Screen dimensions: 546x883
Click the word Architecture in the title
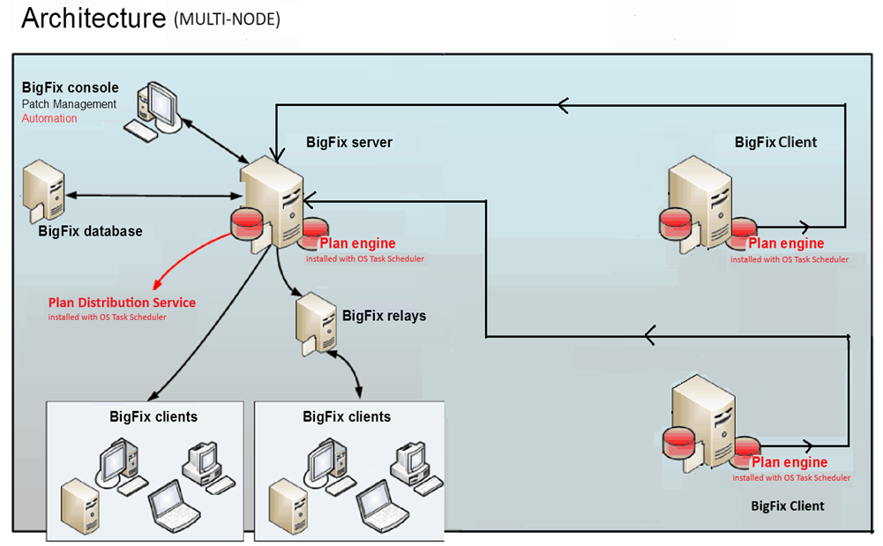[92, 18]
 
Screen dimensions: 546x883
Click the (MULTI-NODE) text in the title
[227, 19]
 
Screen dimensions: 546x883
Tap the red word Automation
[49, 118]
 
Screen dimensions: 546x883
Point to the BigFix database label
[90, 231]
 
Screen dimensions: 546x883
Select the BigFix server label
[349, 142]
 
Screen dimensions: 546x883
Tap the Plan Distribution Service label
[122, 303]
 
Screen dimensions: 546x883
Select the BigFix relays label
[384, 315]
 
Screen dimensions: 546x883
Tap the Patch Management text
[69, 104]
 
